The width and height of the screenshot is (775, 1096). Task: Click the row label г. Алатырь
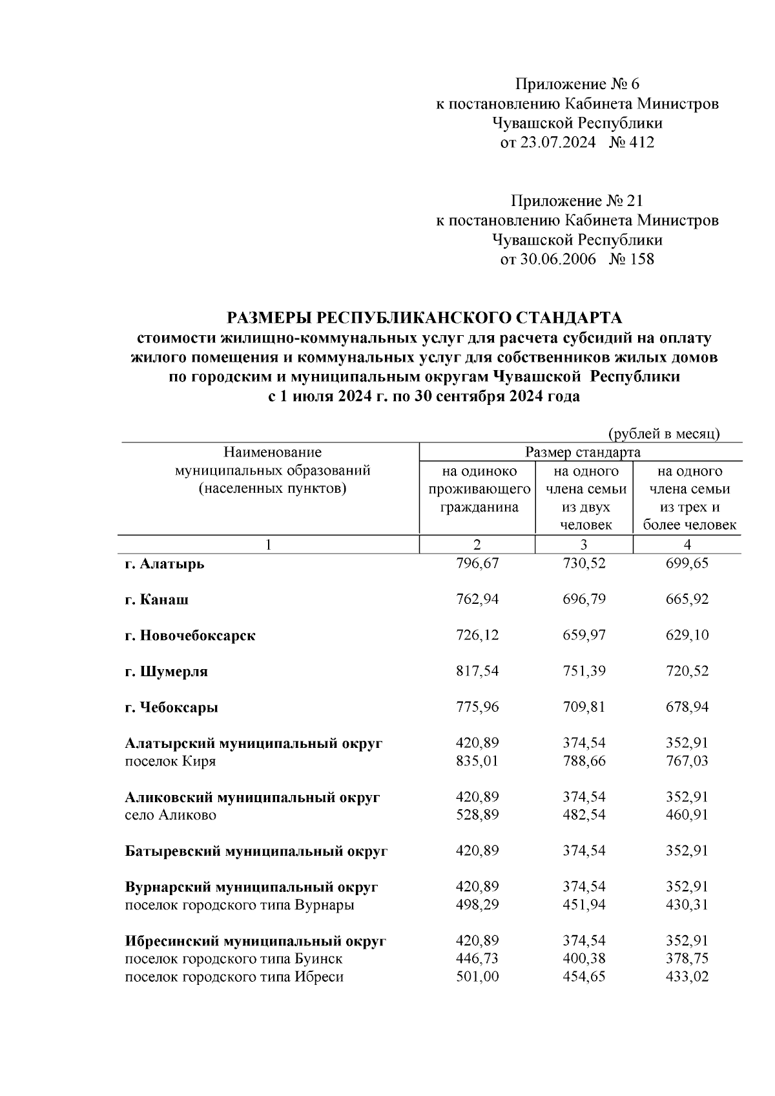(x=164, y=563)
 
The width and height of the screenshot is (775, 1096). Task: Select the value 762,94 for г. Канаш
(x=477, y=599)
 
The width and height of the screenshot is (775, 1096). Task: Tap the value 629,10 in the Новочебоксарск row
(x=687, y=636)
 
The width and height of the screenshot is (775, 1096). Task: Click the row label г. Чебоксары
(x=171, y=707)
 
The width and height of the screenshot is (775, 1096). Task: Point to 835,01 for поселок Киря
(x=477, y=761)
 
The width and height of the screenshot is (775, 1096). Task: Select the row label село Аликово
(x=170, y=815)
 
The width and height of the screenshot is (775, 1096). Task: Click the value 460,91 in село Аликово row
(x=687, y=815)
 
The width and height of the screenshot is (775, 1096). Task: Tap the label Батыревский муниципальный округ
(x=256, y=851)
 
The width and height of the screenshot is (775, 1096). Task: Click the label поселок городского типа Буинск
(x=234, y=959)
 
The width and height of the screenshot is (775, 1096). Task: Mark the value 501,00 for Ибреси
(x=477, y=977)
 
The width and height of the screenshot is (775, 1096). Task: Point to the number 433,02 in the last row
(x=687, y=977)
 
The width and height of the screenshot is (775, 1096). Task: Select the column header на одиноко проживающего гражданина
(x=479, y=489)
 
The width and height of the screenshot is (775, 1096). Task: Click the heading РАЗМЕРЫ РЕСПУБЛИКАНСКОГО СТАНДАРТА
(x=424, y=318)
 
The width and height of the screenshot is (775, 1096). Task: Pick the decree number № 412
(x=631, y=142)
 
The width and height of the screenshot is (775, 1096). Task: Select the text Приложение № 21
(x=577, y=202)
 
